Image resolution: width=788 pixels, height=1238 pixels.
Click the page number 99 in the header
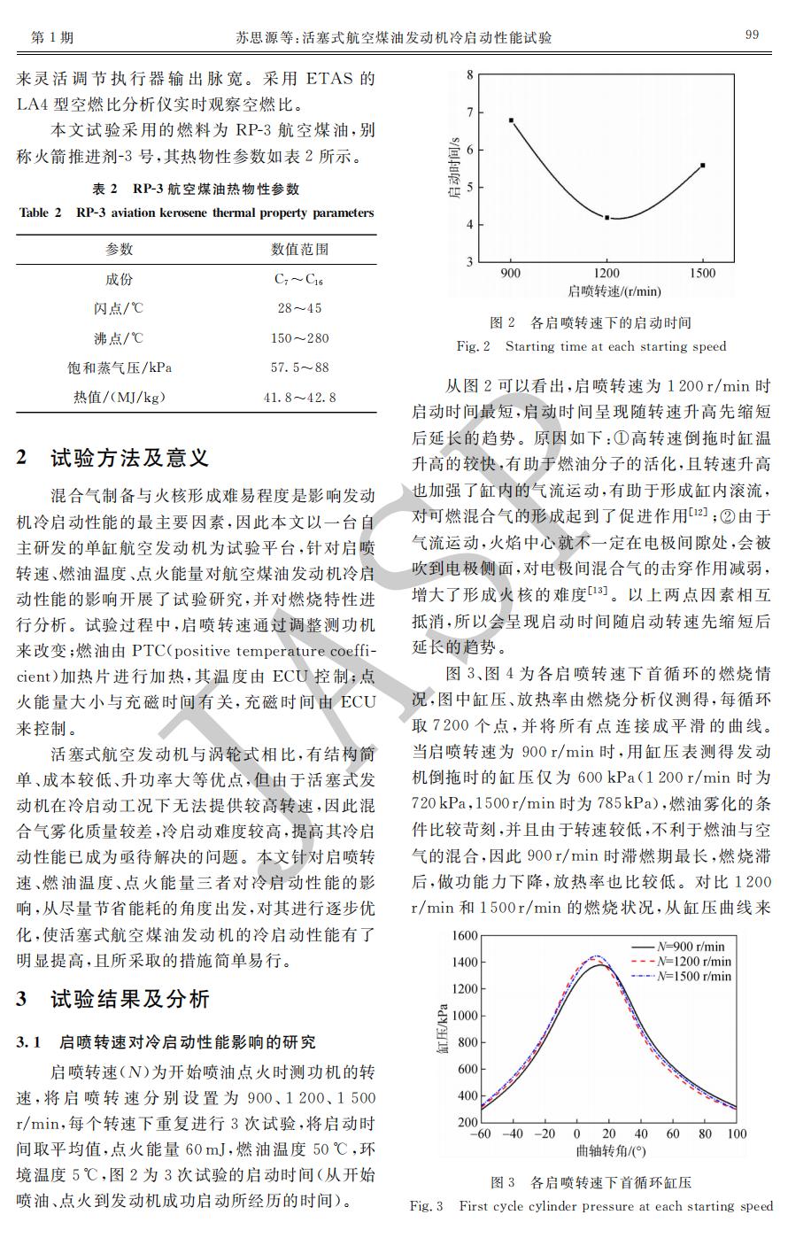tap(752, 35)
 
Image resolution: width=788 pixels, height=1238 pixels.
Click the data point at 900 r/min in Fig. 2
tap(512, 120)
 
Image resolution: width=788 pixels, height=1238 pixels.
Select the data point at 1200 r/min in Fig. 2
tap(607, 217)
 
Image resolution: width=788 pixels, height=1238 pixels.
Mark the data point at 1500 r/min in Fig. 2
tap(703, 166)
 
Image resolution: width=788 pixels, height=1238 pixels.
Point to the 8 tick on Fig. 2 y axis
tap(469, 76)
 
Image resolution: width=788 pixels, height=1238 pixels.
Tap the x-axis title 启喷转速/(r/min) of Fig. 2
tap(614, 291)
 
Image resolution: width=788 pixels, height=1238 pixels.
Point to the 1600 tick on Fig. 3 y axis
tap(465, 936)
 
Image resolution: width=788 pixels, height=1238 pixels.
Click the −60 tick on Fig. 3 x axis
tap(480, 1134)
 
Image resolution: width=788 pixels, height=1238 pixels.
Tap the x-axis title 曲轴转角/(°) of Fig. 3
tap(611, 1152)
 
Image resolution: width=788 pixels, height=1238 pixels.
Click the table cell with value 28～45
tap(299, 308)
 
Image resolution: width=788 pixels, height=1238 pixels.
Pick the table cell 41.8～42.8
tap(299, 398)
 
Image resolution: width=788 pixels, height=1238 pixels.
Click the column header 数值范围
tap(299, 250)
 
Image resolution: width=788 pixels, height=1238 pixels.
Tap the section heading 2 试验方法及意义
tap(113, 458)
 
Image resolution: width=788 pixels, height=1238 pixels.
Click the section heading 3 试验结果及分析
tap(113, 999)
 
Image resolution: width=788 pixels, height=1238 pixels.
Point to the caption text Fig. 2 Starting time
tap(591, 346)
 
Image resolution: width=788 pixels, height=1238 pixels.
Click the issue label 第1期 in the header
tap(51, 36)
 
